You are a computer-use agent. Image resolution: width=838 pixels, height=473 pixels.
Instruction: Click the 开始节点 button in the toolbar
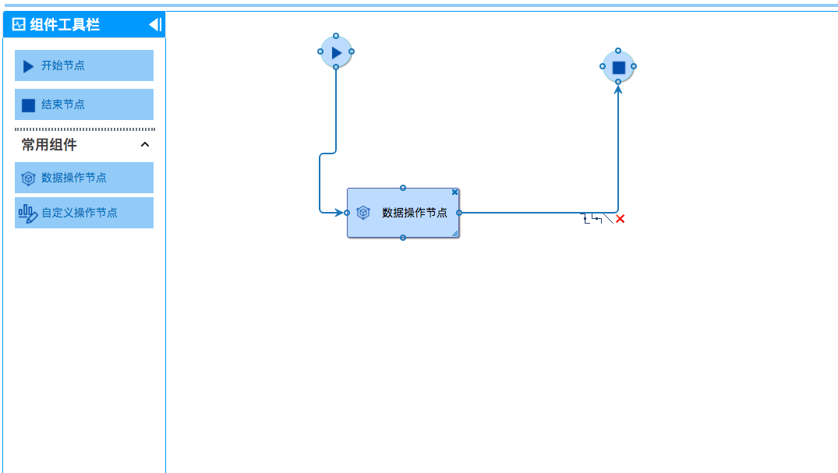[83, 65]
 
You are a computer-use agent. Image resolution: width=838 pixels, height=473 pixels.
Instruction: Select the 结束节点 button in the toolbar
[83, 104]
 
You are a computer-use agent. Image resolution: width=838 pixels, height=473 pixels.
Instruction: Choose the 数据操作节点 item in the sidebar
[83, 178]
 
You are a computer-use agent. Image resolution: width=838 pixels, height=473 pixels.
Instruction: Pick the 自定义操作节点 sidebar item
[83, 213]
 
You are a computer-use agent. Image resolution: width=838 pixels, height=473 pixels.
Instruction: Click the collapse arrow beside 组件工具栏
[155, 25]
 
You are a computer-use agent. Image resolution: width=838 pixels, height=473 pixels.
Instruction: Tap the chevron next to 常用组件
[144, 145]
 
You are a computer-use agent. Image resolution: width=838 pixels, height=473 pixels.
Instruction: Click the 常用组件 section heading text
[49, 145]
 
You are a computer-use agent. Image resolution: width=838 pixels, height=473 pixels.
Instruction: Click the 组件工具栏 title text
[65, 25]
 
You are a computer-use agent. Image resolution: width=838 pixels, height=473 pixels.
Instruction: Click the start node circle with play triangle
[336, 52]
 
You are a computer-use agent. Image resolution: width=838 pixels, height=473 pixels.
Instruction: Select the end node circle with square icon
[618, 67]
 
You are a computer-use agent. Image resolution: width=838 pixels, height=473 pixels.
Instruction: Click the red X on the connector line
[621, 219]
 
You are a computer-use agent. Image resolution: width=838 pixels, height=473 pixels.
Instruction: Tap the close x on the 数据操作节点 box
[454, 192]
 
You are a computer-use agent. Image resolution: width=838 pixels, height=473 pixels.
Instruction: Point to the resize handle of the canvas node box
[454, 232]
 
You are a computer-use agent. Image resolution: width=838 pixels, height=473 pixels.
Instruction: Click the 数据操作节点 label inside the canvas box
[415, 213]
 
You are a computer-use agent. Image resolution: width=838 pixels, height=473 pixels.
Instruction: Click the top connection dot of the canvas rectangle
[403, 188]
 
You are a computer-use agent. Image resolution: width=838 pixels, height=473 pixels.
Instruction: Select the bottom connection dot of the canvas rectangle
[403, 238]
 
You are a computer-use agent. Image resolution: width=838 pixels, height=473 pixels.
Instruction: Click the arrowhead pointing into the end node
[618, 90]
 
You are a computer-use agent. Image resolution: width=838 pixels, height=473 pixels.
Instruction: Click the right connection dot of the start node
[352, 51]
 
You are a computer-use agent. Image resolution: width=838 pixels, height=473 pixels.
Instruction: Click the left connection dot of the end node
[603, 66]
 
